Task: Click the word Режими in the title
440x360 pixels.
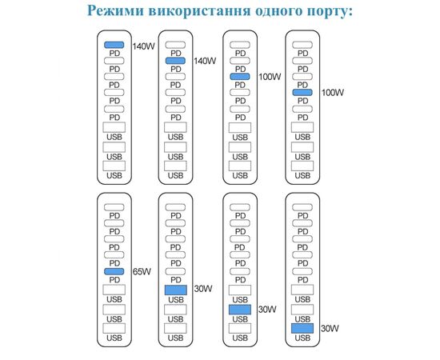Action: (x=115, y=10)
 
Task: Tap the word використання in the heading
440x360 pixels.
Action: (x=199, y=11)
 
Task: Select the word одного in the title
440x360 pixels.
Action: (x=278, y=11)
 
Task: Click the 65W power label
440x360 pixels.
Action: (x=142, y=272)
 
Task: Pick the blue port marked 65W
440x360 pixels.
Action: (x=114, y=271)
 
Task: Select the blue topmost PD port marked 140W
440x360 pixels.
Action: (x=114, y=45)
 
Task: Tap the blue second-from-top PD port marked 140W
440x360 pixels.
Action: (x=175, y=61)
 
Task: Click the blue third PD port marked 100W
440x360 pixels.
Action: (x=240, y=76)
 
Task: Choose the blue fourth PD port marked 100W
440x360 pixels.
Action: (x=302, y=92)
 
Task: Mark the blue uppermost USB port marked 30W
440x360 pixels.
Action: (x=176, y=290)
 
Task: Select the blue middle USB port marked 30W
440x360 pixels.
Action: (x=240, y=310)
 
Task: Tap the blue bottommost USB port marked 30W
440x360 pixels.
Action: (x=302, y=328)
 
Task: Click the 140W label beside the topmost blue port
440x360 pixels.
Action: (x=143, y=46)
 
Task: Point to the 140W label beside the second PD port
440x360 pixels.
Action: (x=205, y=61)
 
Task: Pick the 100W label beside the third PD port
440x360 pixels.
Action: (x=270, y=77)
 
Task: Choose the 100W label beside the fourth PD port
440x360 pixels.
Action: (x=333, y=92)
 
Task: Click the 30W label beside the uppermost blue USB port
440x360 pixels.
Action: (x=203, y=289)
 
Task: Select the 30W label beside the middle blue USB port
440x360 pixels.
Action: (x=267, y=310)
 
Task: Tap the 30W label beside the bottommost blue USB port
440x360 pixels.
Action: (x=330, y=328)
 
